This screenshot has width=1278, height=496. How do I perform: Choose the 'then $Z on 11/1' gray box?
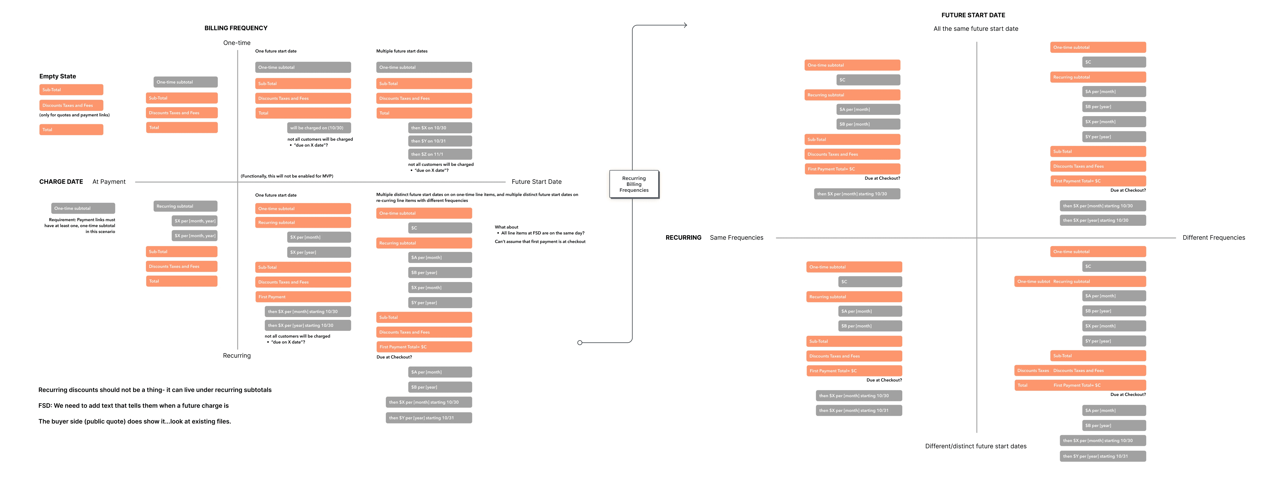coord(440,154)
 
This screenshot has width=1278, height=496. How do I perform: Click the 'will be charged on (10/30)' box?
coord(319,128)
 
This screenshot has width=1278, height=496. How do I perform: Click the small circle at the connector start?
coord(580,343)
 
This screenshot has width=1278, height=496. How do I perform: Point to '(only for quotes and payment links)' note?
coord(74,115)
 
